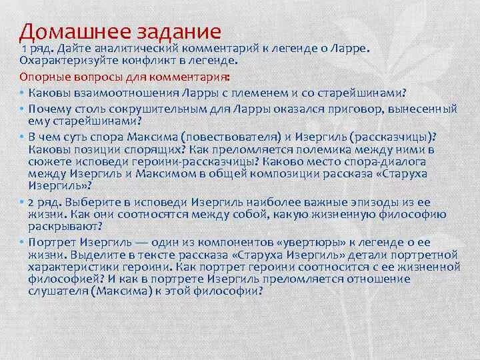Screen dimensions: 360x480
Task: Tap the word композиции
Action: [x=263, y=173]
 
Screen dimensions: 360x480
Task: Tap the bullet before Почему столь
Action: [x=22, y=107]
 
